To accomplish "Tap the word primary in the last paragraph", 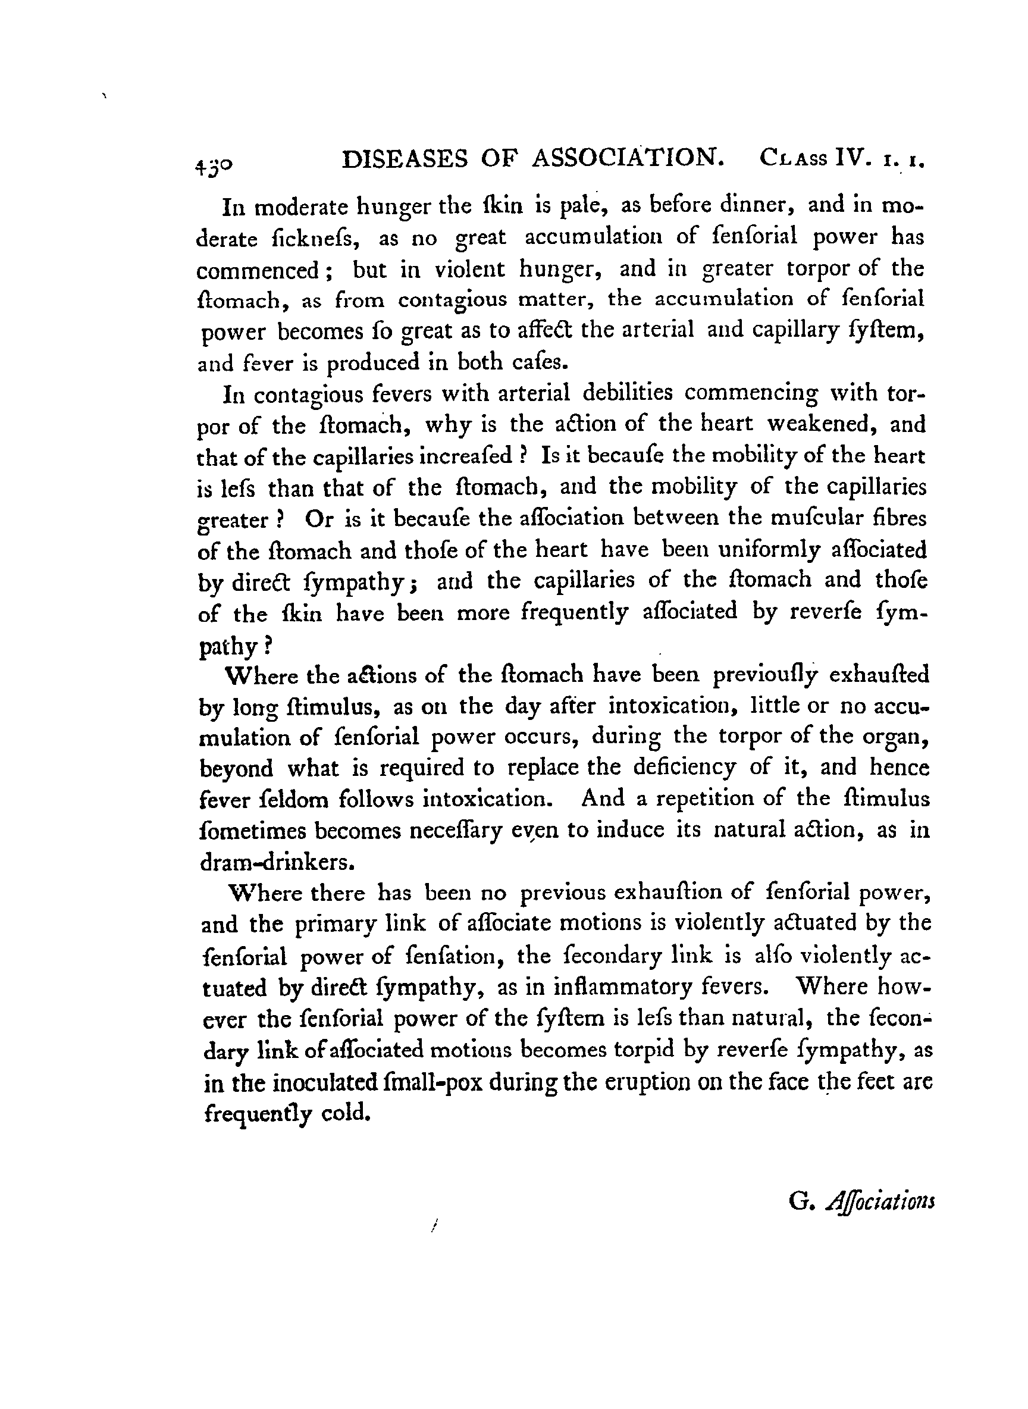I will tap(329, 925).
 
